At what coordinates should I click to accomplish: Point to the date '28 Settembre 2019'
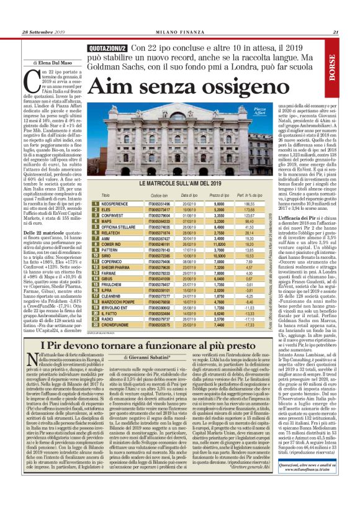tap(45, 33)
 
